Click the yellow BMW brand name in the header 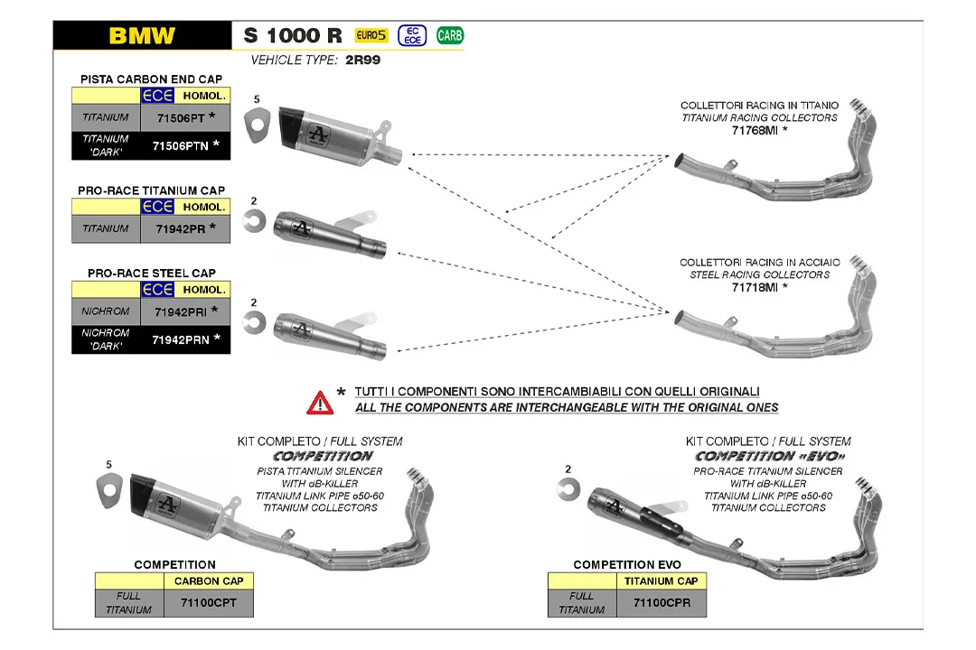coord(142,36)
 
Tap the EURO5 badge coord(371,36)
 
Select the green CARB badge coord(449,36)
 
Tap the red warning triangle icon coord(320,402)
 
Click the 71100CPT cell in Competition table coord(208,602)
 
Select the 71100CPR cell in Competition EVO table coord(661,602)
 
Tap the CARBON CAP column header coord(208,581)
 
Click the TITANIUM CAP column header coord(661,581)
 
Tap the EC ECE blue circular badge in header coord(411,36)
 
